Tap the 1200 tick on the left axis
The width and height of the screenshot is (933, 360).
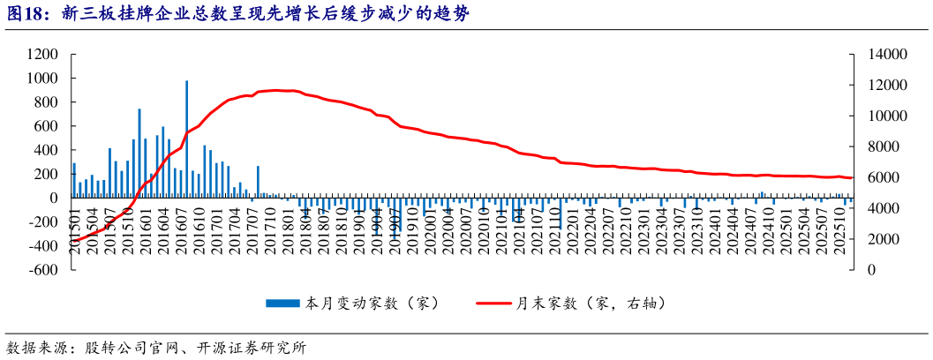point(42,54)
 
